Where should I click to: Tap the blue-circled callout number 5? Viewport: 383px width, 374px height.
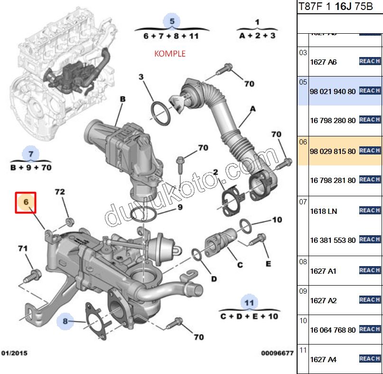click(172, 21)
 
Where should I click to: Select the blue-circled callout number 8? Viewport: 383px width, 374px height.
click(66, 321)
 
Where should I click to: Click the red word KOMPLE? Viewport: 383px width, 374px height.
click(169, 54)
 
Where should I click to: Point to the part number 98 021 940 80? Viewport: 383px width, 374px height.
click(332, 91)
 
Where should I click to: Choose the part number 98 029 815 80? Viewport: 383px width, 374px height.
click(332, 151)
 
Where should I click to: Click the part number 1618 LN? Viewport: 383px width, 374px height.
click(324, 211)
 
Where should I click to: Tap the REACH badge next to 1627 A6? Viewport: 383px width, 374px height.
click(370, 61)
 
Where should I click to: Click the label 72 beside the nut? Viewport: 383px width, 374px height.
click(60, 192)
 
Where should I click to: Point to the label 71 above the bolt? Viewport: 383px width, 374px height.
click(23, 249)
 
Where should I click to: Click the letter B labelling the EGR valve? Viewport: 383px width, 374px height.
click(122, 99)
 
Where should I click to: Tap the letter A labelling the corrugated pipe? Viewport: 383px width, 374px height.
click(252, 109)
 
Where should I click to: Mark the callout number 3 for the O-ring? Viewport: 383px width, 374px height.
click(141, 77)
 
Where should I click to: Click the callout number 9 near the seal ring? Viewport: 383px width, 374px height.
click(180, 207)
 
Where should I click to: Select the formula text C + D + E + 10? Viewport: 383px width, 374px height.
click(249, 316)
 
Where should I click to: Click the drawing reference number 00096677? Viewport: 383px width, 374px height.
click(277, 353)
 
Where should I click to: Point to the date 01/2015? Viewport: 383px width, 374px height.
click(14, 353)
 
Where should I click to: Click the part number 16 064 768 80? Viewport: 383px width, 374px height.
click(332, 330)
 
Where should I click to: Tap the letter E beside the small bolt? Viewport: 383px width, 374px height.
click(268, 264)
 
